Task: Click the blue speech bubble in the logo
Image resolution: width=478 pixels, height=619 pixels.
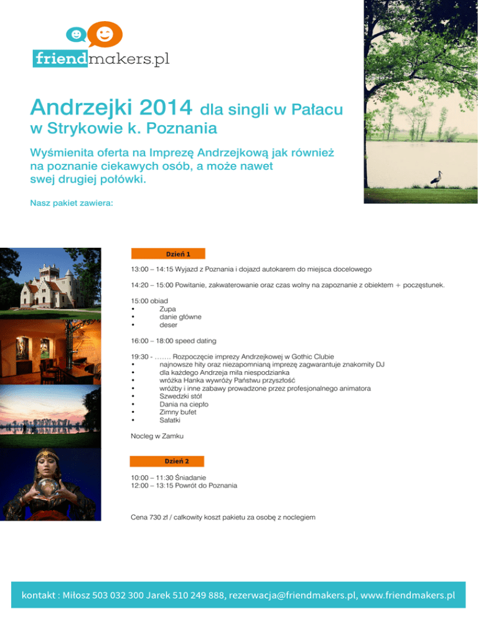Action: point(76,35)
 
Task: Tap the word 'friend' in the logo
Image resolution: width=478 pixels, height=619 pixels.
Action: point(60,59)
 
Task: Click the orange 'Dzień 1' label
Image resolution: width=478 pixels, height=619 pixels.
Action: point(168,253)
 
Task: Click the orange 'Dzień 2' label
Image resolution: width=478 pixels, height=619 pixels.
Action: point(167,461)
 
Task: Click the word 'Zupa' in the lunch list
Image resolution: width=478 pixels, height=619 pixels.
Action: point(167,309)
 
